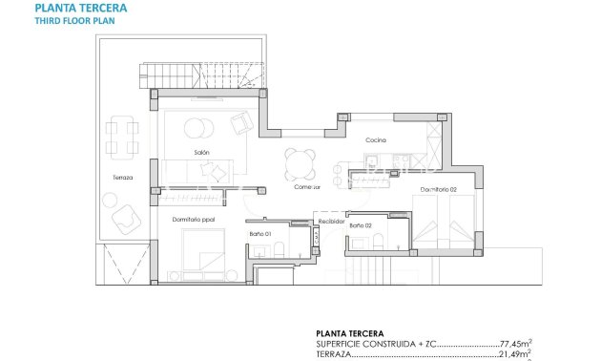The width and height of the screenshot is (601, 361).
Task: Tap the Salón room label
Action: pos(201,153)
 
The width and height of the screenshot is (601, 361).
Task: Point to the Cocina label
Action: pos(375,140)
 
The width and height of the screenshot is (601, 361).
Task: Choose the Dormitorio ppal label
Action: pos(194,219)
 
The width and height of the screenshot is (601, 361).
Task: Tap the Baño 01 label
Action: pos(261,233)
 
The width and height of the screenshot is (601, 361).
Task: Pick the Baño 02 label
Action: pos(360,225)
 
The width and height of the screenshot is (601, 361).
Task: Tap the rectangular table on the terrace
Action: pos(119,135)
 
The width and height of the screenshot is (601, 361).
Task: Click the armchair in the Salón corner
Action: pos(241,121)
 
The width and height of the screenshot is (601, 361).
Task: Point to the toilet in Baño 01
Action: pos(276,250)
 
